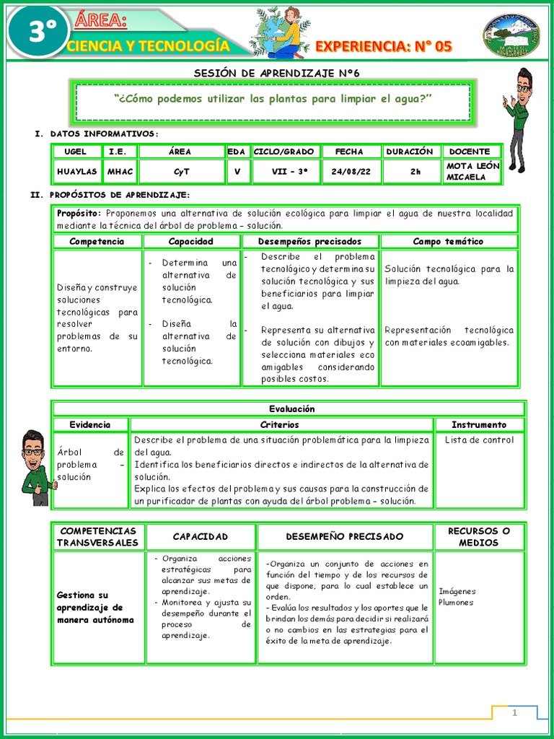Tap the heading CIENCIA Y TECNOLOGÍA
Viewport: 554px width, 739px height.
148,47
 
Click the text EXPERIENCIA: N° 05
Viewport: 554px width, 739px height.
384,47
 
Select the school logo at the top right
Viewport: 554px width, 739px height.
511,35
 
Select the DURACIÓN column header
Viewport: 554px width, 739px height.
410,152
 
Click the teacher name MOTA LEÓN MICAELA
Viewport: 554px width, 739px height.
472,172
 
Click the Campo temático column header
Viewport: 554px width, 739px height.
448,242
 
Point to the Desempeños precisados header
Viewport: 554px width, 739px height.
309,242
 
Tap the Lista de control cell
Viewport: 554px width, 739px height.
479,440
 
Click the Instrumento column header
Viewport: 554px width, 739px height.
479,424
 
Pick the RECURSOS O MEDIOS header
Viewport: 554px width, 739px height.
479,536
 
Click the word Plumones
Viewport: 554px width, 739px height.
456,602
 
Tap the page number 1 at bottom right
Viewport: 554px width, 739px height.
515,713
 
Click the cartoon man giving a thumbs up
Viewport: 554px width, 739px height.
34,467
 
